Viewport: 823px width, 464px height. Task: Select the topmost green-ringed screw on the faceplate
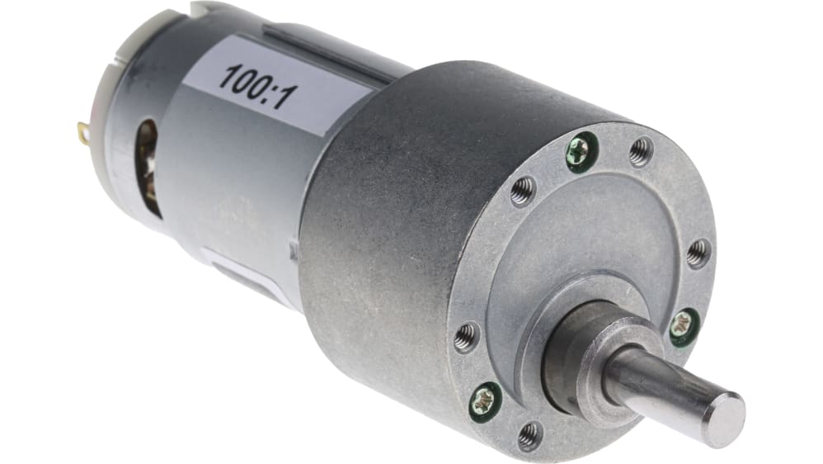[579, 150]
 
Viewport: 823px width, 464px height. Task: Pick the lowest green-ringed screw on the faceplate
[484, 402]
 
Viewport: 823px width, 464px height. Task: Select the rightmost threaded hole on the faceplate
[698, 252]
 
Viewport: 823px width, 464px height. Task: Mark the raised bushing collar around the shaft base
[577, 347]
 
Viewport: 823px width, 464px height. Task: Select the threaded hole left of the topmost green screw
[522, 191]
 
